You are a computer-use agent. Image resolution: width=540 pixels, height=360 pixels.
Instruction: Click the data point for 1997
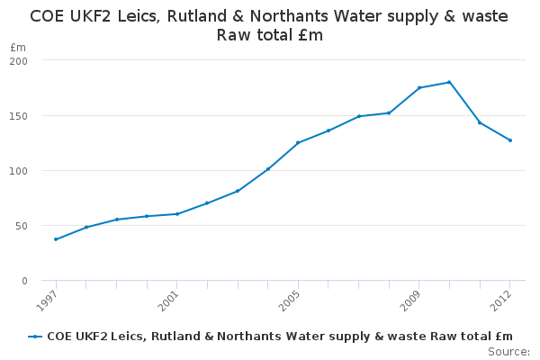tap(56, 239)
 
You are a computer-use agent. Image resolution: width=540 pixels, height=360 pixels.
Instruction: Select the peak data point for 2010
tap(449, 82)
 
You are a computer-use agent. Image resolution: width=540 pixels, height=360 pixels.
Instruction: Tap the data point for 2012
tap(510, 140)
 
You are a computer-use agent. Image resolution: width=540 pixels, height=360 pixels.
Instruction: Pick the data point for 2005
tap(298, 142)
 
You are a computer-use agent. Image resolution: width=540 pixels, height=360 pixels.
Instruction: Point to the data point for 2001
tap(176, 214)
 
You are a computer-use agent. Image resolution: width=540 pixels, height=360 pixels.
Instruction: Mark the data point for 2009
tap(419, 87)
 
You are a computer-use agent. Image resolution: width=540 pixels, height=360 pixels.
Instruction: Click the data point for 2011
tap(480, 122)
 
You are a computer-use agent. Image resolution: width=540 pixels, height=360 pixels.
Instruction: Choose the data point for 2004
tap(267, 169)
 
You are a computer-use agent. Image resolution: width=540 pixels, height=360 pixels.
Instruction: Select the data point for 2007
tap(358, 116)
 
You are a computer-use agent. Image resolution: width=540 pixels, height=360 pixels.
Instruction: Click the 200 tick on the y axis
tap(19, 60)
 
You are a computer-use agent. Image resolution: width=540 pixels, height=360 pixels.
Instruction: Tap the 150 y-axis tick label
tap(19, 116)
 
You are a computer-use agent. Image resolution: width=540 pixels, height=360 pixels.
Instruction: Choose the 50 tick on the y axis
tap(22, 226)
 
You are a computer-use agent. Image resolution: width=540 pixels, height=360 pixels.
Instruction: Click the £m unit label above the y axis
tap(18, 47)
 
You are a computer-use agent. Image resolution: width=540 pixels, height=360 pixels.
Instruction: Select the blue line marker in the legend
tap(35, 337)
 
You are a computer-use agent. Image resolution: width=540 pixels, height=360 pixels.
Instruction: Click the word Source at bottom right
tap(508, 351)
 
